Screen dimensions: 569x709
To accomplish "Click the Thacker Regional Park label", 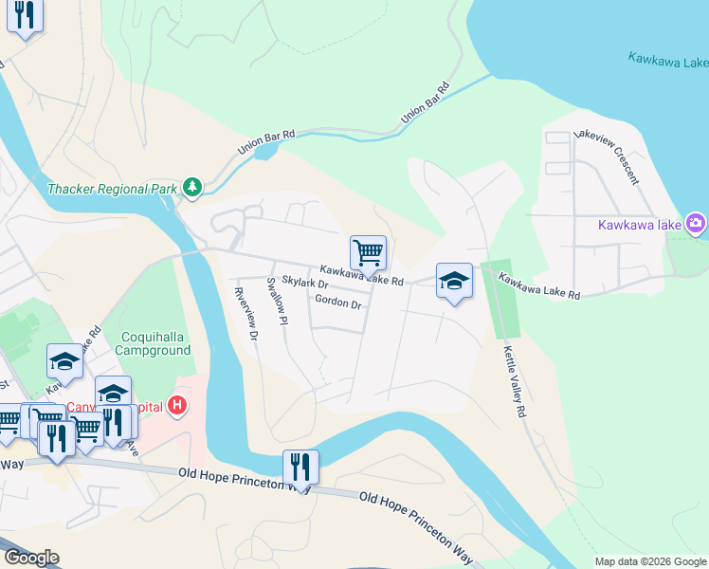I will point(112,189).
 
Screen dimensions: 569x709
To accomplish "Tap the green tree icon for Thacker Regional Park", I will point(192,188).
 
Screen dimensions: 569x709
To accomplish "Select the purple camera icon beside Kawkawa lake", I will point(697,224).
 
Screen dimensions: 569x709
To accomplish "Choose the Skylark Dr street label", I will point(304,284).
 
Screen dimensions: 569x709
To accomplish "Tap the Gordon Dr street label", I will point(338,303).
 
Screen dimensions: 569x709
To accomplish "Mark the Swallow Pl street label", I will point(276,302).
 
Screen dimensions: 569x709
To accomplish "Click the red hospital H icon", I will point(176,408).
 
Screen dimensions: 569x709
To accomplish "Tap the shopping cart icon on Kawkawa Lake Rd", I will point(368,253).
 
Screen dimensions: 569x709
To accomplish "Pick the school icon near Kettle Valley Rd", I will point(455,281).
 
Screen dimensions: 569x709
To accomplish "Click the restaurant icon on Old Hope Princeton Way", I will point(300,467).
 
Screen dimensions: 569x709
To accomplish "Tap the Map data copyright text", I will point(650,561).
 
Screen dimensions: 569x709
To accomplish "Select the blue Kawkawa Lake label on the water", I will point(667,62).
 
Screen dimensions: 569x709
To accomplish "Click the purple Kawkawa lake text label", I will point(639,225).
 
